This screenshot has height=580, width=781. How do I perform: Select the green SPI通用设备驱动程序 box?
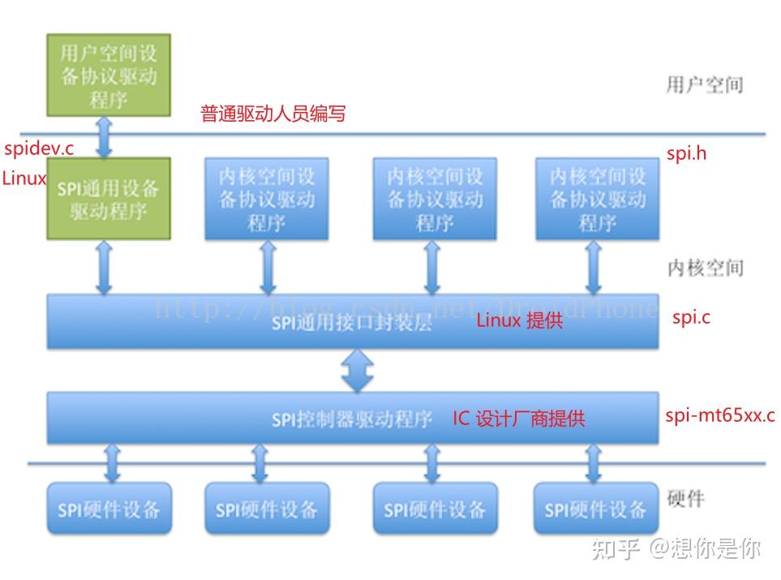tap(109, 199)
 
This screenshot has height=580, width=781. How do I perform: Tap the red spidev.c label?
tap(38, 148)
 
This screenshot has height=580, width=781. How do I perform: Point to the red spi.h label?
tap(686, 153)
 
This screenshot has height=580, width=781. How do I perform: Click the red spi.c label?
tap(691, 317)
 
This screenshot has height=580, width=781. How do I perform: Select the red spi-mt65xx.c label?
tap(719, 416)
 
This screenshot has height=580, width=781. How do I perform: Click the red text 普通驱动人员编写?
tap(273, 114)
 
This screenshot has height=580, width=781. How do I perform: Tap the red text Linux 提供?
tap(519, 320)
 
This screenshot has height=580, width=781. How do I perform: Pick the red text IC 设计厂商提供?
tap(518, 419)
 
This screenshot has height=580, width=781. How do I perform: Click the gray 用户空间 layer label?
tap(704, 84)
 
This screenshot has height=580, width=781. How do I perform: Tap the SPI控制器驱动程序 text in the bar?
tap(352, 419)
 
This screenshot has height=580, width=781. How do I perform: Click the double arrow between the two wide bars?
tap(358, 371)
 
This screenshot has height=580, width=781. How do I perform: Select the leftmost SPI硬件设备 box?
tap(109, 509)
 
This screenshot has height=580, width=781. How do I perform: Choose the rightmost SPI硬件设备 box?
tap(595, 509)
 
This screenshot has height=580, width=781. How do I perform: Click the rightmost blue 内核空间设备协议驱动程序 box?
tap(597, 199)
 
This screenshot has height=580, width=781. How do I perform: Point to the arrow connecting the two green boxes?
tap(104, 136)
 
